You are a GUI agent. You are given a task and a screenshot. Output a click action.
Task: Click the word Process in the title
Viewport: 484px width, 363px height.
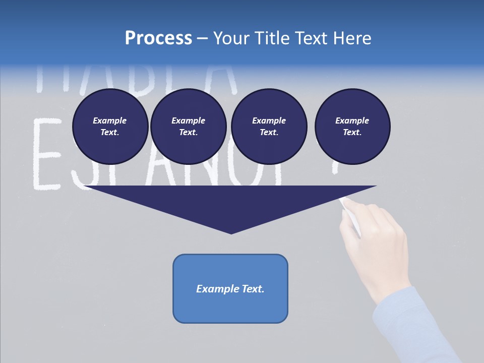158,38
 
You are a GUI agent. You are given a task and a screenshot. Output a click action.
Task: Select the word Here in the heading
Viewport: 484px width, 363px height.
351,38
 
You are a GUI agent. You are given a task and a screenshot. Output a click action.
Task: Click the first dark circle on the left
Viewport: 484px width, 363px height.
110,127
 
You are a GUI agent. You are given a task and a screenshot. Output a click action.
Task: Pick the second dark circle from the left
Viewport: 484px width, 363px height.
188,127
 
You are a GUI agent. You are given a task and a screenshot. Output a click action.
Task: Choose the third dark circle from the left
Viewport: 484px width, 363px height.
269,127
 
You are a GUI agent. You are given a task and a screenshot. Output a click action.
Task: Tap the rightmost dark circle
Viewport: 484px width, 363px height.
352,127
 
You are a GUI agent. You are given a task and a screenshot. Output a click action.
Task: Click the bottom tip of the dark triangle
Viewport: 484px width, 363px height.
231,232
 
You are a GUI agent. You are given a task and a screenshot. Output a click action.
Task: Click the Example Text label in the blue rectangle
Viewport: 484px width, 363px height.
230,289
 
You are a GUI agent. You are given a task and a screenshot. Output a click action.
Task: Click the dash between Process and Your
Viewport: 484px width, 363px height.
202,38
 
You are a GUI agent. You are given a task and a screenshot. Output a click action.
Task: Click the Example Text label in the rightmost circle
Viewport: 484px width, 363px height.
352,127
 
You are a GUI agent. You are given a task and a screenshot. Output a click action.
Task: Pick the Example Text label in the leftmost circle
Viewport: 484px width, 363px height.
110,127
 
